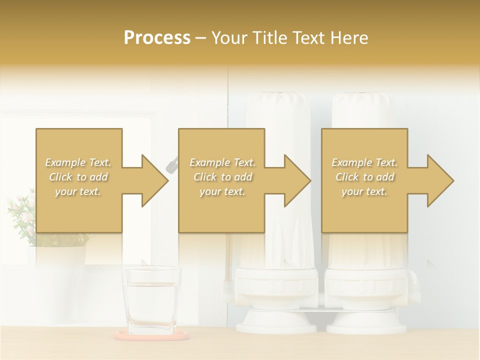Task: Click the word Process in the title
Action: [157, 38]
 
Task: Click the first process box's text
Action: [78, 177]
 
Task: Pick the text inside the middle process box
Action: [222, 177]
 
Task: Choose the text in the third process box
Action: [364, 177]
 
